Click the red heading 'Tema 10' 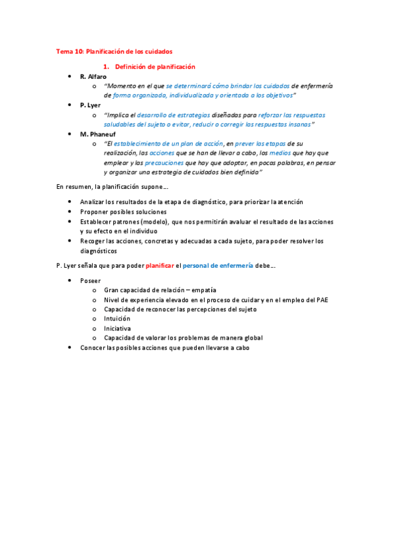[x=70, y=51]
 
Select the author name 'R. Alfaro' [x=93, y=77]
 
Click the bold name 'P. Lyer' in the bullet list [x=90, y=105]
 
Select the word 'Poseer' [x=91, y=280]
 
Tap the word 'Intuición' [x=117, y=318]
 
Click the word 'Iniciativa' [x=117, y=328]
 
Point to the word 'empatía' [x=205, y=290]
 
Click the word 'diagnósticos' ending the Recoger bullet [x=99, y=251]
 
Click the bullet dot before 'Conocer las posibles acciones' [x=71, y=347]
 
